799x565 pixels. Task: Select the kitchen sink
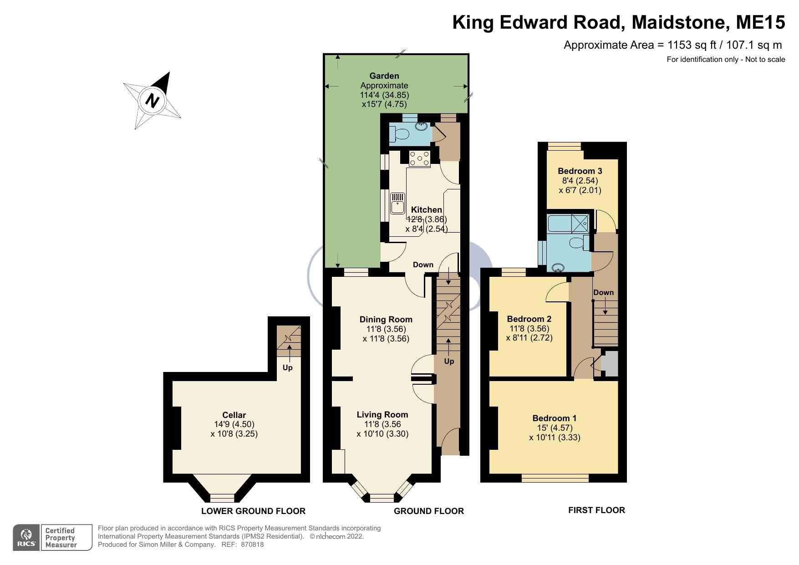pyautogui.click(x=397, y=203)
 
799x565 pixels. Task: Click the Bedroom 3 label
pyautogui.click(x=580, y=171)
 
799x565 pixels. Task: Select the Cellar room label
pyautogui.click(x=234, y=415)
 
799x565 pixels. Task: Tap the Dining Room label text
pyautogui.click(x=386, y=320)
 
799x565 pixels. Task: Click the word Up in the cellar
pyautogui.click(x=287, y=367)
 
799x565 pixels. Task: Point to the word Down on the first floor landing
pyautogui.click(x=603, y=292)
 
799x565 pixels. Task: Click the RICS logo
pyautogui.click(x=26, y=538)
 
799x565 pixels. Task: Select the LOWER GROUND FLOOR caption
pyautogui.click(x=253, y=511)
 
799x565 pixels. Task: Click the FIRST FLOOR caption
pyautogui.click(x=596, y=510)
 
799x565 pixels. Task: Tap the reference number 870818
pyautogui.click(x=252, y=544)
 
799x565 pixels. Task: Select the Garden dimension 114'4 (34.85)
pyautogui.click(x=384, y=95)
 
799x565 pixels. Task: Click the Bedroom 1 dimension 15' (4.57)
pyautogui.click(x=554, y=428)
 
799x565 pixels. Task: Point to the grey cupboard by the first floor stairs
pyautogui.click(x=610, y=363)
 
